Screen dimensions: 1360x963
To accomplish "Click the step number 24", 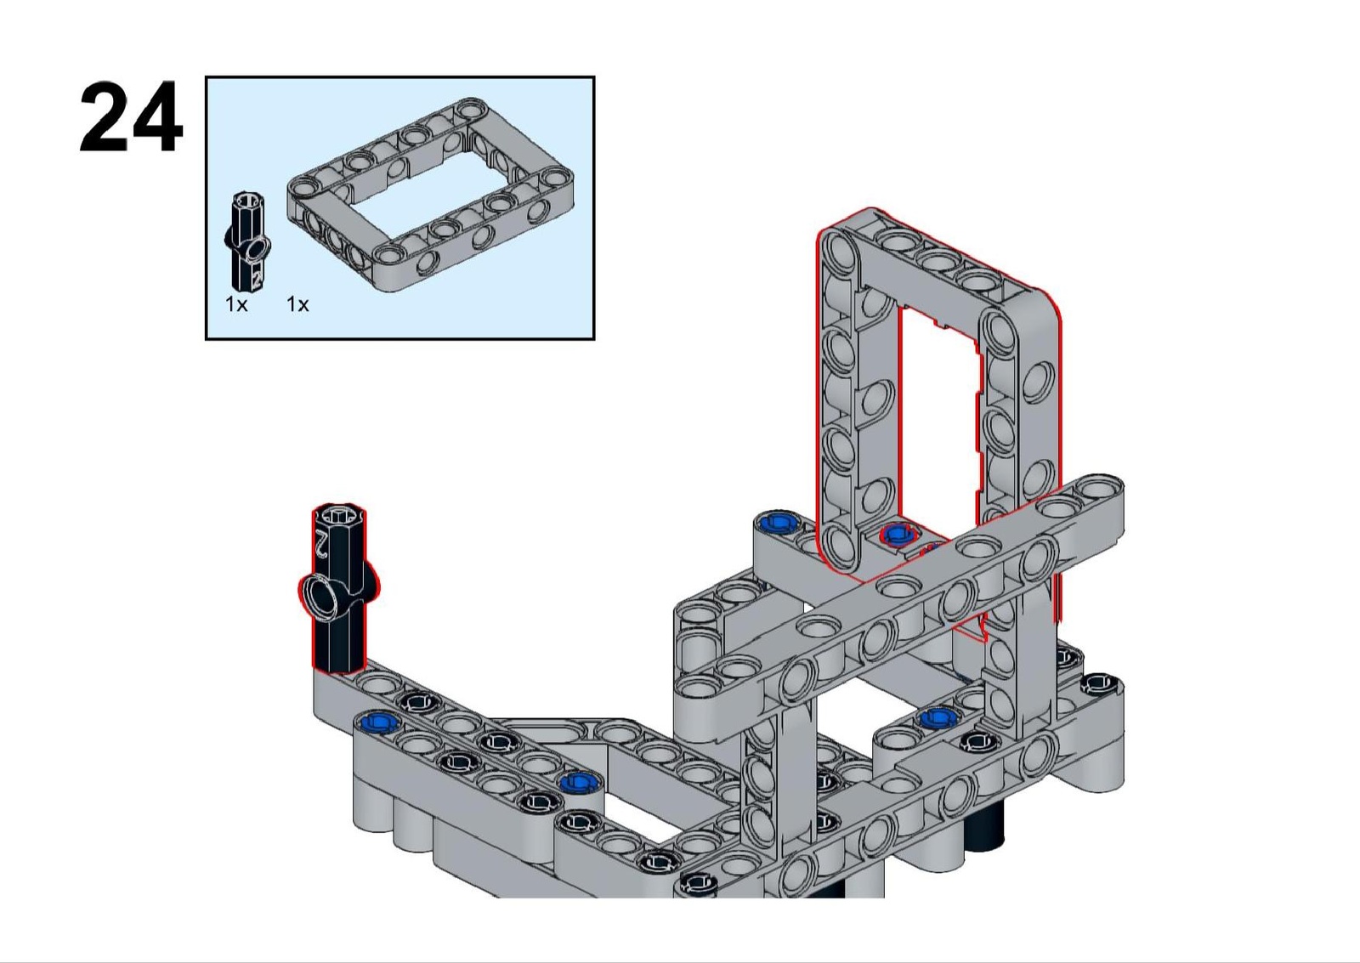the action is (x=131, y=117).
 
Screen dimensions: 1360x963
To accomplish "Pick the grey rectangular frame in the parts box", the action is (x=431, y=195).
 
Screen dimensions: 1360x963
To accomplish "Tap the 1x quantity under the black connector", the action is (x=236, y=304).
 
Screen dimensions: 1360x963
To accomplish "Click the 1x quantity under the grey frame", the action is (x=297, y=304).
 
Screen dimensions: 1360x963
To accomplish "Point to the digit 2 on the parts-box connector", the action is (x=257, y=277).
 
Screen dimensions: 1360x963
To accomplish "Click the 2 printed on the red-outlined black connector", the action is (x=320, y=543).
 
